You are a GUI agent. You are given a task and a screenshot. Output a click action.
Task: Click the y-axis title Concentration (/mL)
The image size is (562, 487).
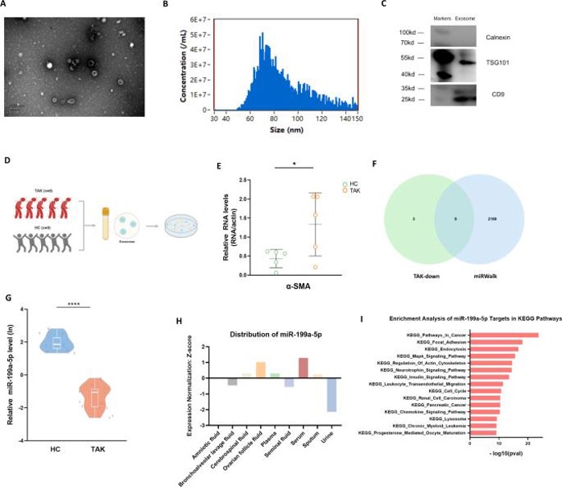(x=172, y=60)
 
